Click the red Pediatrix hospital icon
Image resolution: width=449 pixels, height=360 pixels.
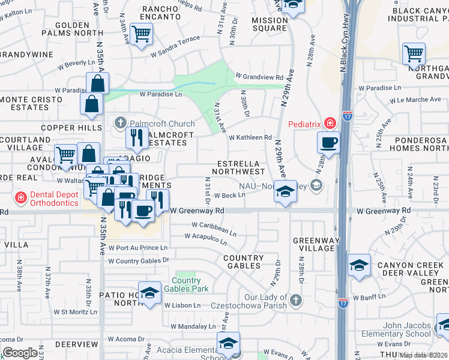pyautogui.click(x=329, y=124)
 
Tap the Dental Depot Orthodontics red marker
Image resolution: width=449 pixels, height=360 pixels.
pyautogui.click(x=20, y=197)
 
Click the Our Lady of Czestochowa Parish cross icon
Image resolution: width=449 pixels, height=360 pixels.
pyautogui.click(x=295, y=299)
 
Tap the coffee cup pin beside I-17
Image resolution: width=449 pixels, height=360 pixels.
pyautogui.click(x=328, y=143)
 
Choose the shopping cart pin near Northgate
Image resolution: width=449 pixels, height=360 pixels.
pyautogui.click(x=414, y=53)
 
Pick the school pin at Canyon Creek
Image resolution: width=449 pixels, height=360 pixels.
pyautogui.click(x=359, y=265)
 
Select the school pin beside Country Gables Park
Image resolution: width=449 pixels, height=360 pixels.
pyautogui.click(x=149, y=293)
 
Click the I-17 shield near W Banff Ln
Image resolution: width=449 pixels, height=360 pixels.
pyautogui.click(x=343, y=303)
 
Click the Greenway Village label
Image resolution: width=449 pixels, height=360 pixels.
pyautogui.click(x=313, y=244)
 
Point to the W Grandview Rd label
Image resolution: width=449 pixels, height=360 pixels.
pyautogui.click(x=259, y=77)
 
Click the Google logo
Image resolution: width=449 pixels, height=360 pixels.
pyautogui.click(x=20, y=353)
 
